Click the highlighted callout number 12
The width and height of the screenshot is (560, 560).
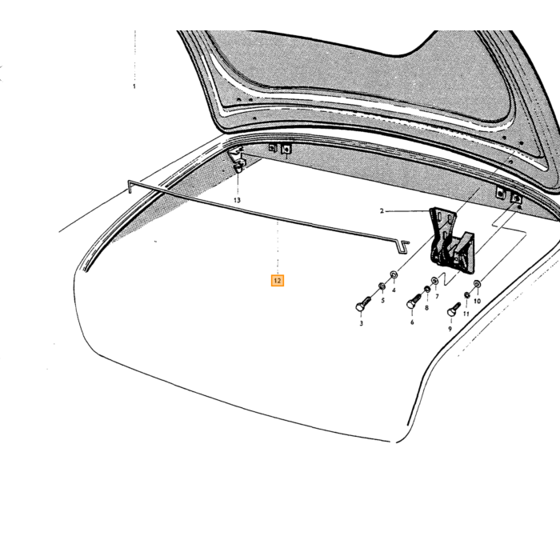[x=278, y=281]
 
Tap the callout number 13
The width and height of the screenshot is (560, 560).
[x=237, y=200]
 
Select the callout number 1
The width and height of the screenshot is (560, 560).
[x=134, y=86]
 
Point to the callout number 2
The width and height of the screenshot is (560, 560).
[x=382, y=211]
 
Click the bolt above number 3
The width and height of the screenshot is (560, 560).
[x=363, y=304]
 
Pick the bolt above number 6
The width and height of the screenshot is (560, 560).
[x=414, y=302]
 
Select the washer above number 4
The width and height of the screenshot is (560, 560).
[x=394, y=275]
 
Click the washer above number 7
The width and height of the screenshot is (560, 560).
[x=434, y=280]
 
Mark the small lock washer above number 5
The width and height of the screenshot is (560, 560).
[x=382, y=286]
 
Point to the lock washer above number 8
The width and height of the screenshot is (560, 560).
[x=427, y=289]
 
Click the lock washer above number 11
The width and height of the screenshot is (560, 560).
[x=466, y=295]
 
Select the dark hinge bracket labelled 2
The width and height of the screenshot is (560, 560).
[x=452, y=240]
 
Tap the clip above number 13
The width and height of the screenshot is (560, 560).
[x=239, y=166]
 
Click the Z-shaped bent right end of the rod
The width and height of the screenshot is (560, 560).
[x=403, y=246]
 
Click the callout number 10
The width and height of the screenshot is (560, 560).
[x=477, y=302]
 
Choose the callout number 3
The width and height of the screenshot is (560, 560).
[x=362, y=323]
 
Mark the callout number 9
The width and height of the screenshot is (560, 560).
[x=450, y=329]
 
